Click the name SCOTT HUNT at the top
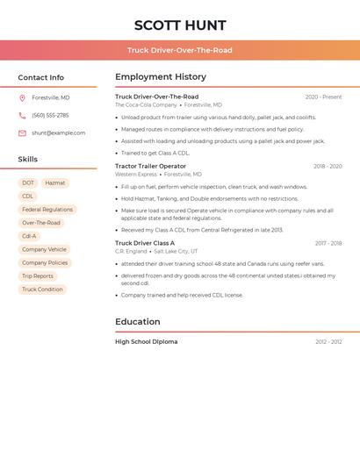(x=180, y=25)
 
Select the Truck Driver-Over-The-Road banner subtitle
(x=180, y=50)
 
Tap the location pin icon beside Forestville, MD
(x=22, y=98)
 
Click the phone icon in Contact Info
(x=22, y=115)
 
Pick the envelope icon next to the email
(x=22, y=133)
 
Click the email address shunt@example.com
(x=58, y=133)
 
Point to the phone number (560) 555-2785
(x=50, y=115)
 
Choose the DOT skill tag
(x=28, y=183)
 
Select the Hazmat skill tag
(x=55, y=183)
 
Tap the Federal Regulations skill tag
(x=47, y=210)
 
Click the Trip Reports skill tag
(x=38, y=276)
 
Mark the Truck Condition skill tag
(x=42, y=290)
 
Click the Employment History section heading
(x=161, y=77)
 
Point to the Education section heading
(x=138, y=322)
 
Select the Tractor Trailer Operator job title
(x=150, y=166)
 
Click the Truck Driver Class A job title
(x=145, y=243)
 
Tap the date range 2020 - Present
(x=323, y=97)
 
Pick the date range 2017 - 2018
(x=328, y=243)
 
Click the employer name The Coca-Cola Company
(x=146, y=104)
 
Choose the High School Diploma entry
(x=146, y=341)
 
